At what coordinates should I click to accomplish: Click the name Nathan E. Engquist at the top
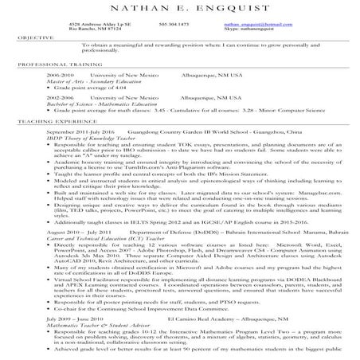180,9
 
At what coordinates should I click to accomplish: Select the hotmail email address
292,25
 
